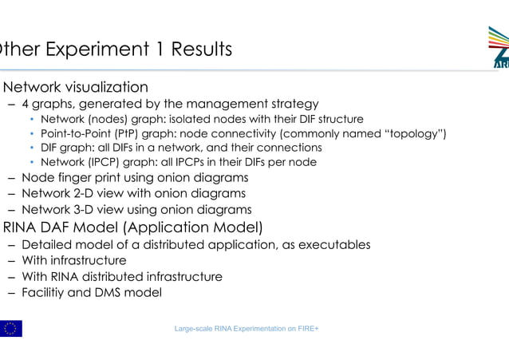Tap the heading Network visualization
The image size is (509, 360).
(76, 87)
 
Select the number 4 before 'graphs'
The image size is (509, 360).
(26, 104)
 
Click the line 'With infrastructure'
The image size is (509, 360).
(73, 260)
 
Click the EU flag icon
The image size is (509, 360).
(11, 328)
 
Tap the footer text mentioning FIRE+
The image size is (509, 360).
(247, 329)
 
